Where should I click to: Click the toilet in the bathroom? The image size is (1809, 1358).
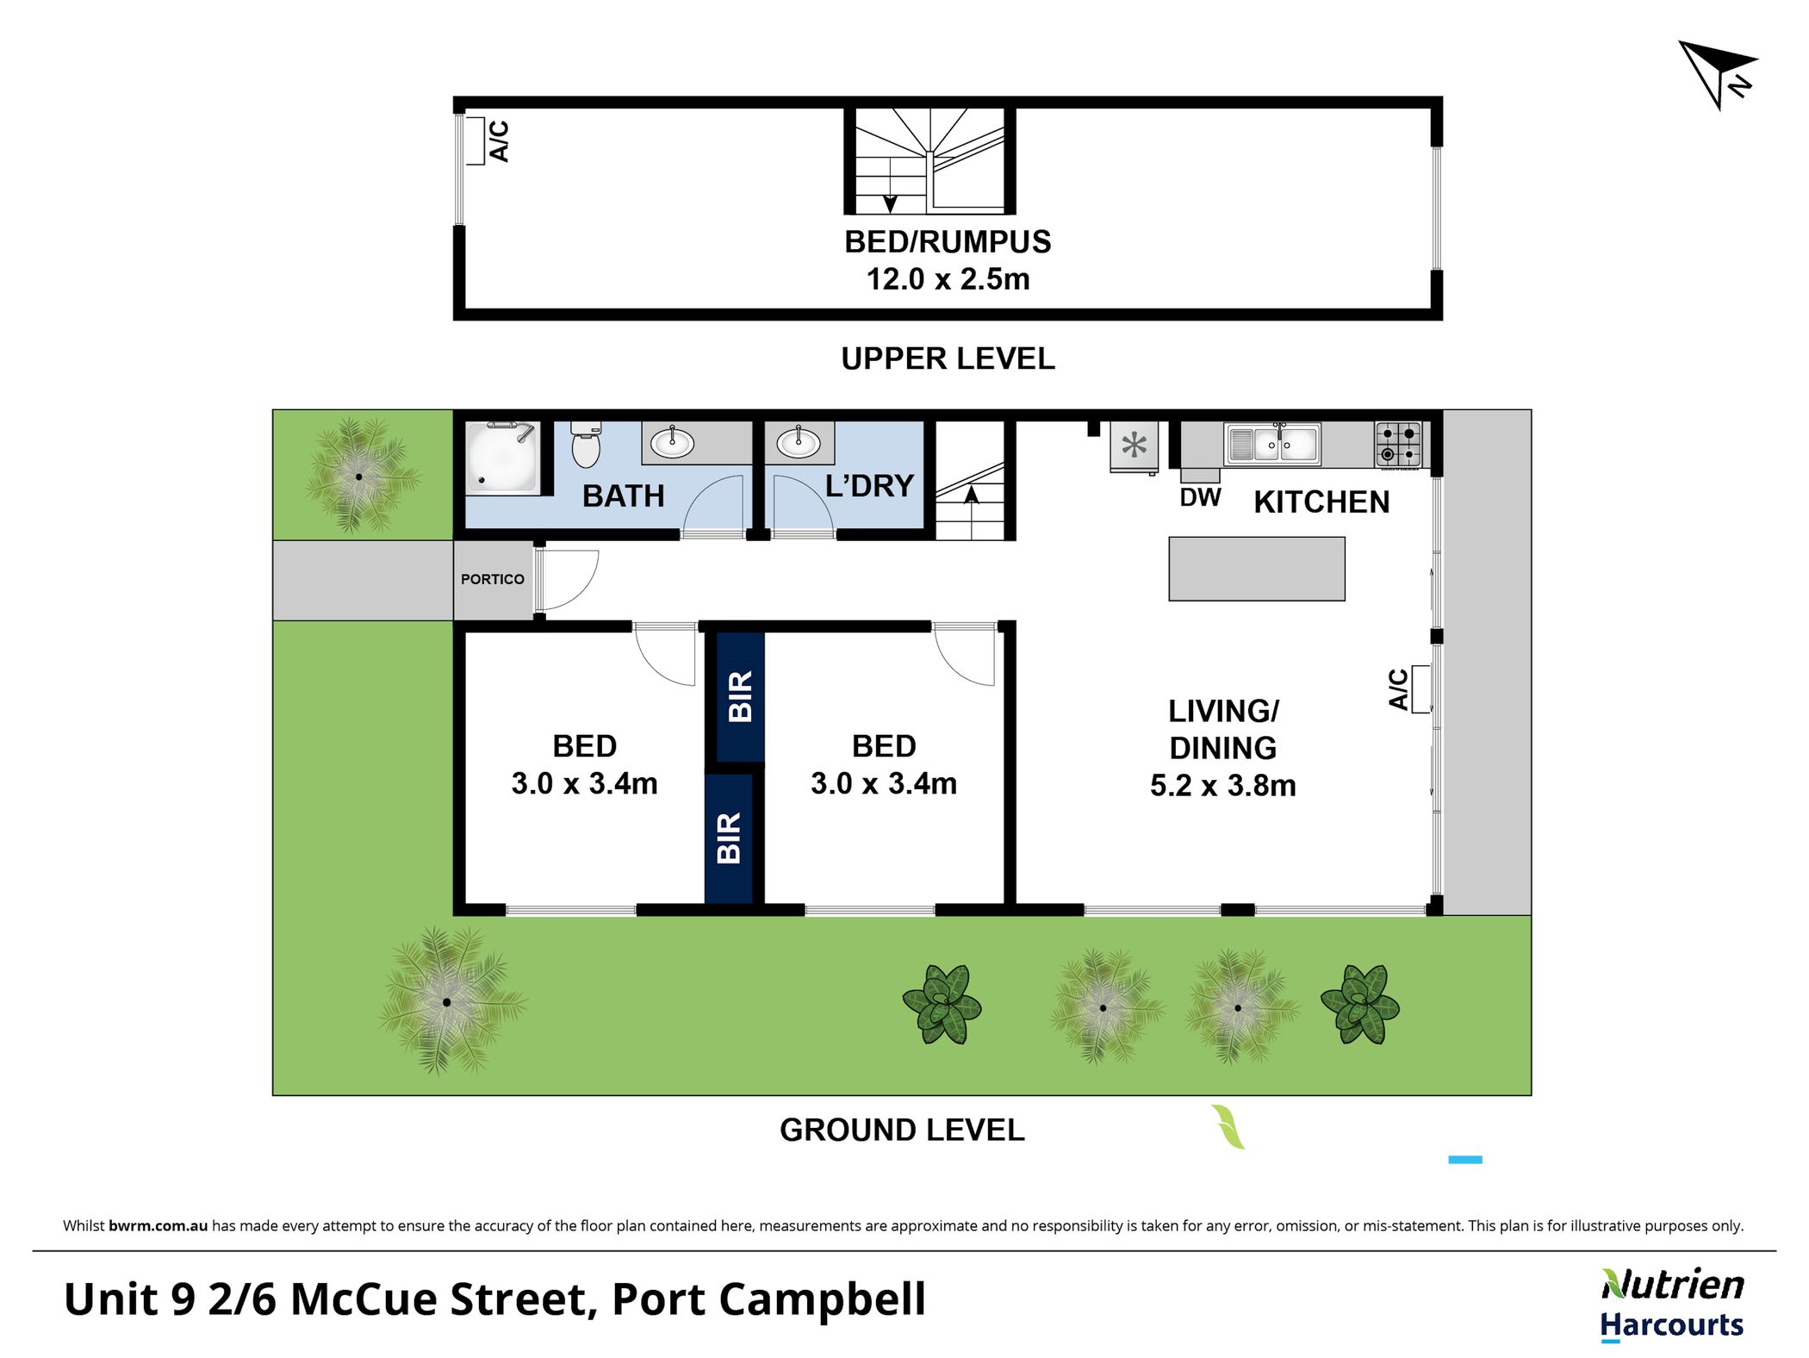(586, 444)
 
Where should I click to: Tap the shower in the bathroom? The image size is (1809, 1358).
(503, 458)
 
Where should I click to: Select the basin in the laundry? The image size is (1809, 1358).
(799, 443)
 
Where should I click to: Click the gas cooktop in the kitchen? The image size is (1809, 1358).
(1398, 445)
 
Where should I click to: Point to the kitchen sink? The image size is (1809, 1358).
(1272, 444)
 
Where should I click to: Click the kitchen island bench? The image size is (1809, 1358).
(1257, 569)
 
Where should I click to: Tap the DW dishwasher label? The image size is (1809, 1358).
(1200, 497)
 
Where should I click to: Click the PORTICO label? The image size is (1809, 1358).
(493, 579)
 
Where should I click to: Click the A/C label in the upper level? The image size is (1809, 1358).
(499, 141)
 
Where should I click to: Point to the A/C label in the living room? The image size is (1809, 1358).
(1398, 689)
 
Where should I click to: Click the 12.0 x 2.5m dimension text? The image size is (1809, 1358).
(948, 279)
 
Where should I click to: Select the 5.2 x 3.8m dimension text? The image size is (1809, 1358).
(1223, 786)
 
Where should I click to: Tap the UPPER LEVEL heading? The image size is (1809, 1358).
(948, 358)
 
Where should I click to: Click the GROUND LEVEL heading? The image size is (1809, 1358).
(902, 1130)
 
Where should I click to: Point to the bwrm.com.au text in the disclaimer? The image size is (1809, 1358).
(158, 1225)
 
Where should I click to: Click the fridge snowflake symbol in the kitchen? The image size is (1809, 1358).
(1135, 445)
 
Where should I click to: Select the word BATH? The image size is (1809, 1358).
(624, 496)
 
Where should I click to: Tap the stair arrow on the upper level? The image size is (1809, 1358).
(890, 204)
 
